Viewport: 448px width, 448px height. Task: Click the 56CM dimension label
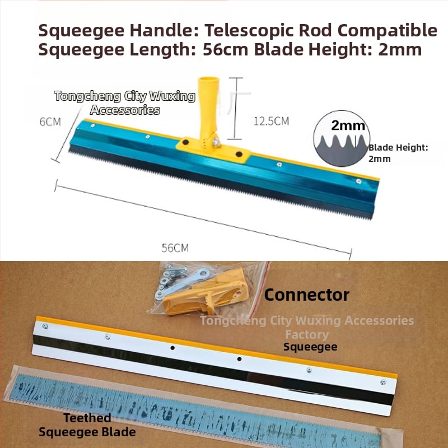coord(175,248)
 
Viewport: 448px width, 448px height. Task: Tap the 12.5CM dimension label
coord(271,121)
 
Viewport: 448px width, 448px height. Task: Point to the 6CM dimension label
coord(50,122)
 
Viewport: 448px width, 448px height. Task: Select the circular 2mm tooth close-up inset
coord(342,138)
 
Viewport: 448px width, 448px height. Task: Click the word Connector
coord(306,295)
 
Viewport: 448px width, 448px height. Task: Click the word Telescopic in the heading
coord(249,30)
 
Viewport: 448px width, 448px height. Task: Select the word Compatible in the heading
coord(387,30)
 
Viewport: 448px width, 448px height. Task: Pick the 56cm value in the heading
coord(226,49)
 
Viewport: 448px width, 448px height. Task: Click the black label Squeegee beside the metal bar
coord(310,347)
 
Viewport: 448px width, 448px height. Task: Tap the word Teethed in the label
coord(87,418)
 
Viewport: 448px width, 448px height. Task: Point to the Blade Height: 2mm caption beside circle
coord(398,153)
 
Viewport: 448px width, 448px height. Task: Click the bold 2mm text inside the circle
coord(348,125)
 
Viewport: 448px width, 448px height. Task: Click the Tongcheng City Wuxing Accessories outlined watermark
coord(125,102)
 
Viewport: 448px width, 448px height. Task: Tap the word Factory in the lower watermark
coord(307,334)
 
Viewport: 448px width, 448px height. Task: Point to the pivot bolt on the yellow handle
coord(216,142)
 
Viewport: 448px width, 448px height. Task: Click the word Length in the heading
coord(162,49)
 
